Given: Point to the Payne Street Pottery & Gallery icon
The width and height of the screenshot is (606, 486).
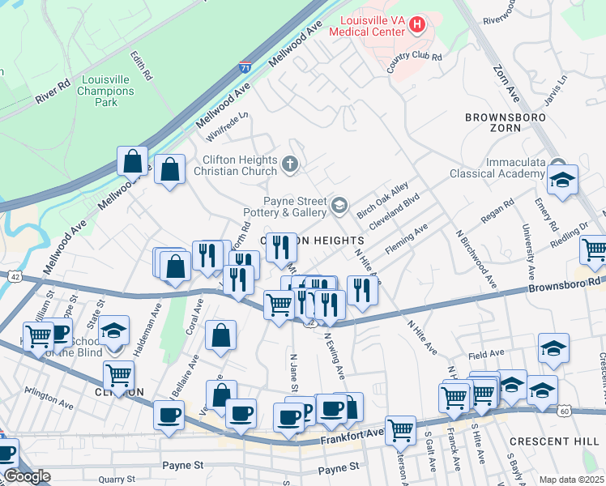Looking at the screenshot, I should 339,207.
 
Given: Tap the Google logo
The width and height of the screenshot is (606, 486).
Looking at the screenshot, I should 26,476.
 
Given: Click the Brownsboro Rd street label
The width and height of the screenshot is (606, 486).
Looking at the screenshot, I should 565,285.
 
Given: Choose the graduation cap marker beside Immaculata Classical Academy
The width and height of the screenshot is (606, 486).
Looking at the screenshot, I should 560,181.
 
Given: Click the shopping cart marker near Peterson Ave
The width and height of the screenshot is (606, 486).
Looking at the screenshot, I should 400,429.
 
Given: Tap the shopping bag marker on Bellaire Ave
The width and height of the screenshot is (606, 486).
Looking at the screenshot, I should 220,335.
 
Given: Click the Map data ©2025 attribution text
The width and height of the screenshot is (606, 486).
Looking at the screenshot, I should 570,480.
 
